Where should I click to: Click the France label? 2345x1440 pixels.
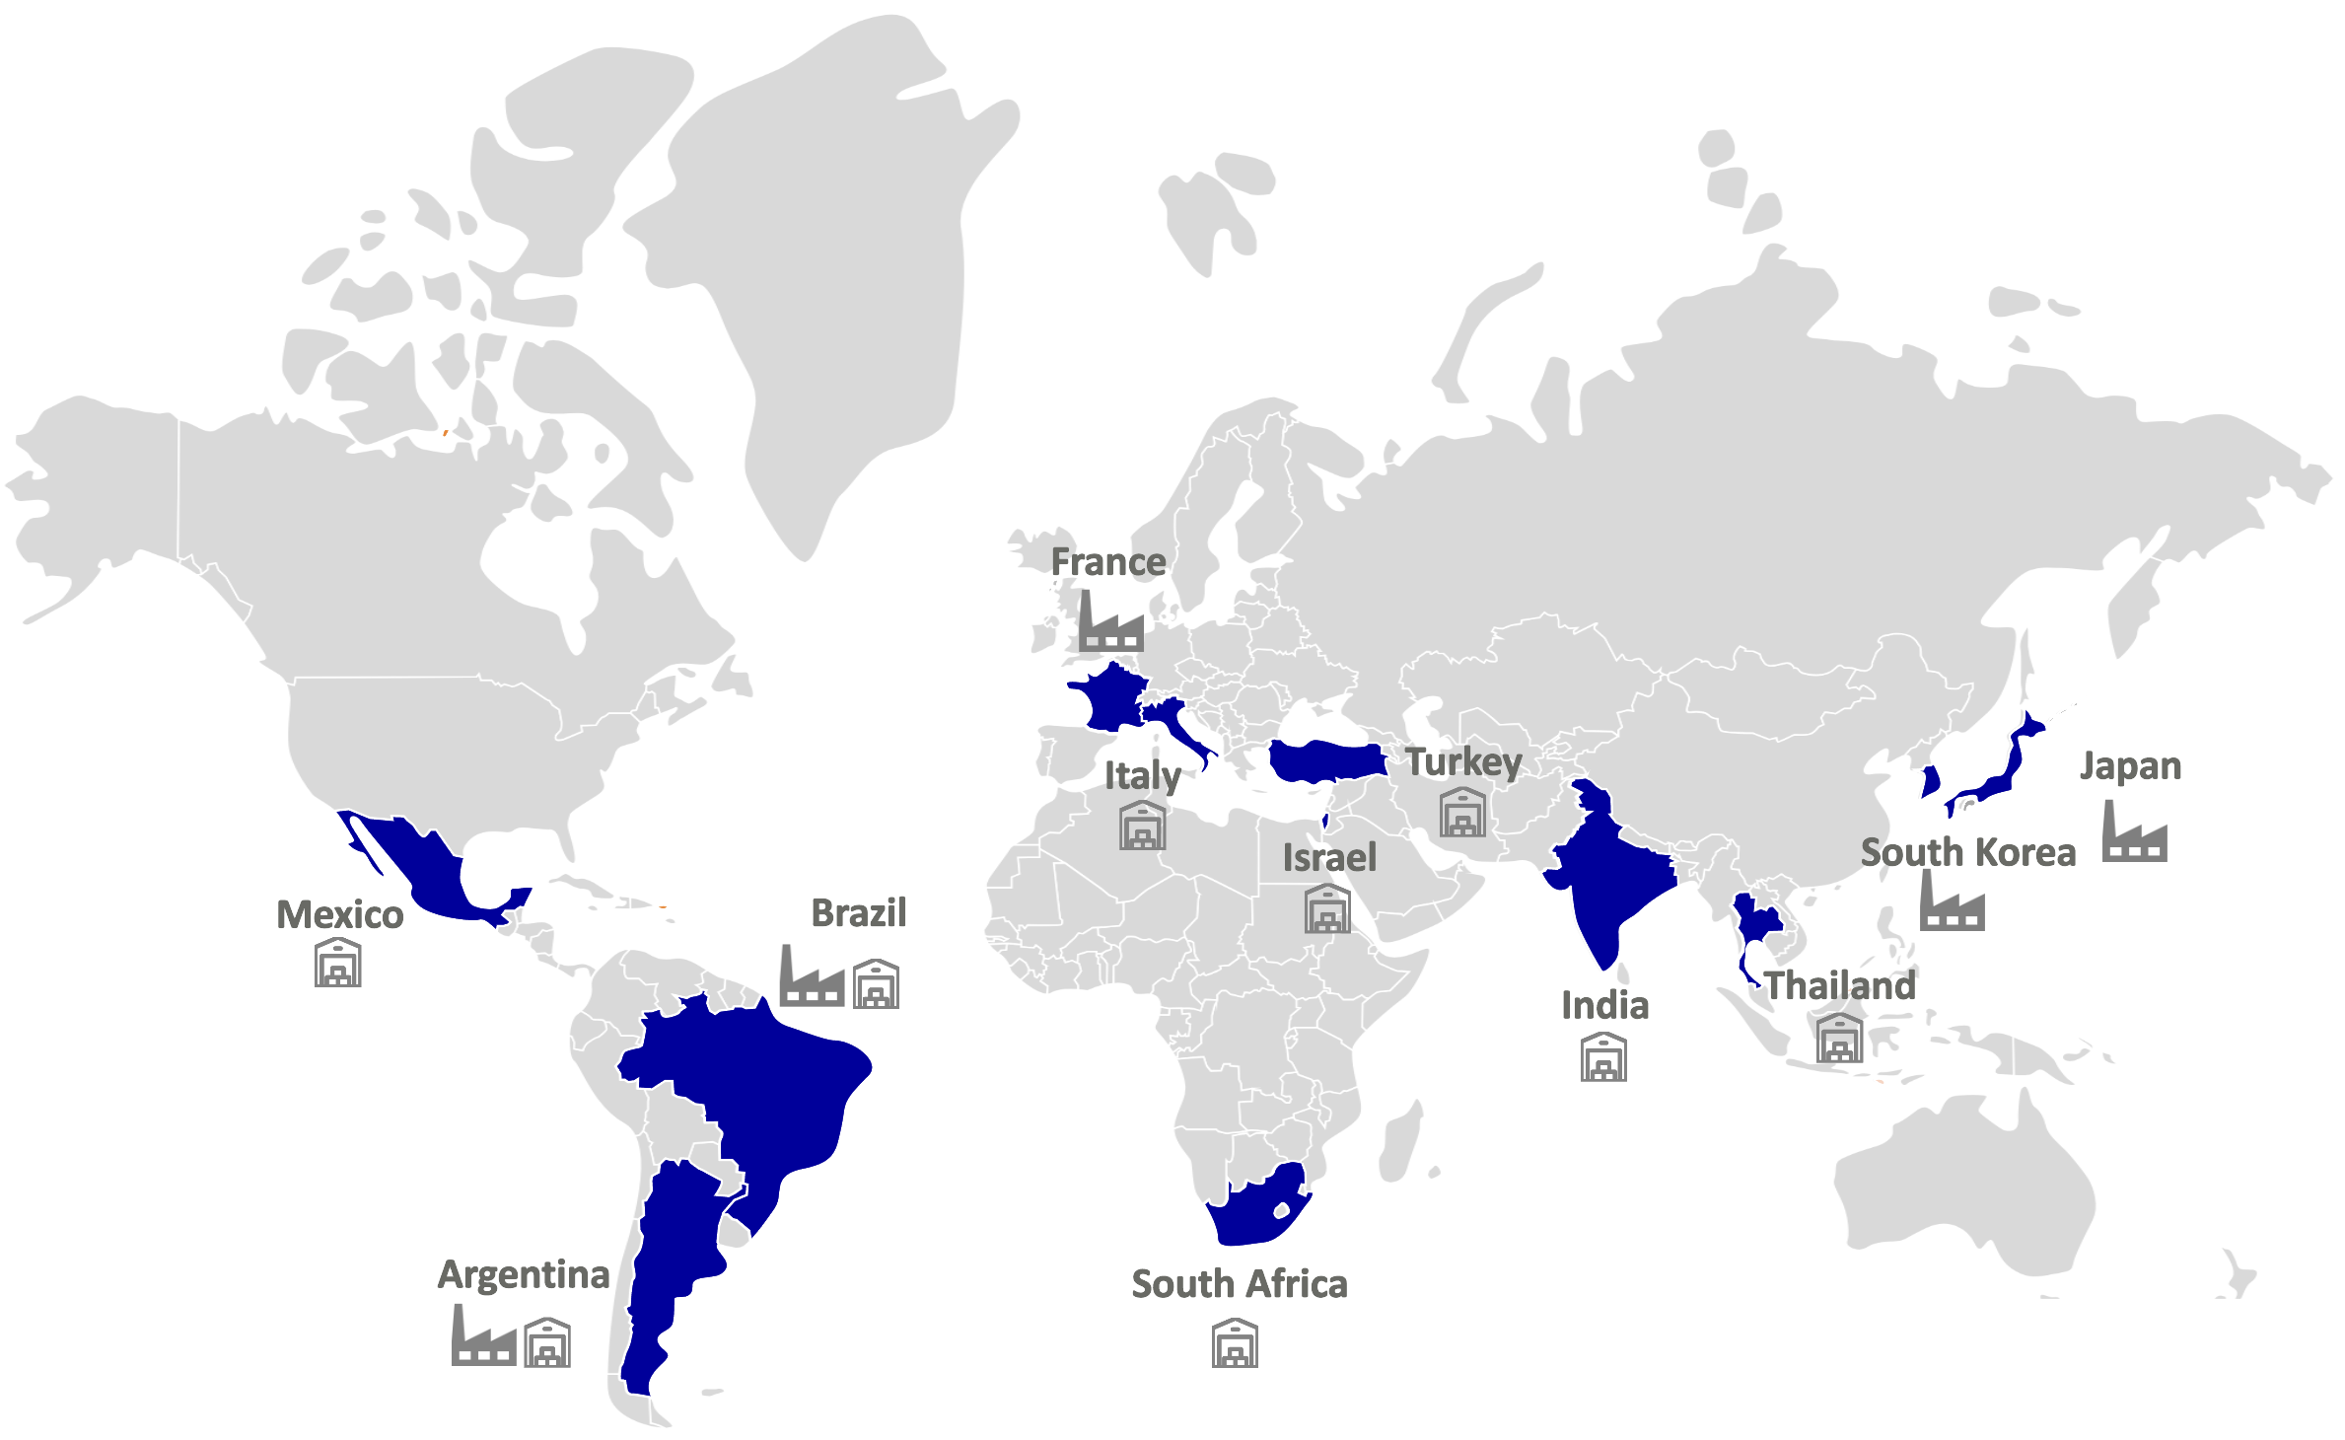tap(1108, 562)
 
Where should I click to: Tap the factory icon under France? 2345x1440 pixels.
tap(1110, 623)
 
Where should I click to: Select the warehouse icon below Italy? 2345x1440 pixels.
tap(1143, 826)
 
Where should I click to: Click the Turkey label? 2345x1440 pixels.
tap(1463, 762)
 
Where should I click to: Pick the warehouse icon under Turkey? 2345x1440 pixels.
tap(1462, 812)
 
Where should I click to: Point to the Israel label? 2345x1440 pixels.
tap(1329, 858)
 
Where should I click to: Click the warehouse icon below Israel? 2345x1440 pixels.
tap(1327, 908)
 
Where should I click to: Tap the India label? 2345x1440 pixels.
tap(1604, 1006)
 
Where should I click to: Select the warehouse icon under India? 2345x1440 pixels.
tap(1603, 1057)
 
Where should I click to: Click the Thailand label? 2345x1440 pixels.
tap(1839, 986)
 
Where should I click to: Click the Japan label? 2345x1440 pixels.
tap(2130, 766)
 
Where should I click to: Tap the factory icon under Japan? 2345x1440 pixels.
tap(2134, 832)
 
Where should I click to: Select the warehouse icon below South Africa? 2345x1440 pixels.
tap(1235, 1343)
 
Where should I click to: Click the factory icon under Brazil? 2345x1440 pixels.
tap(812, 977)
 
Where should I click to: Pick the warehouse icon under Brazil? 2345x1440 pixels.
tap(877, 983)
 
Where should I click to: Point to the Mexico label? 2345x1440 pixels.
tap(339, 915)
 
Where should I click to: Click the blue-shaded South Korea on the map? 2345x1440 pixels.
tap(1931, 781)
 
